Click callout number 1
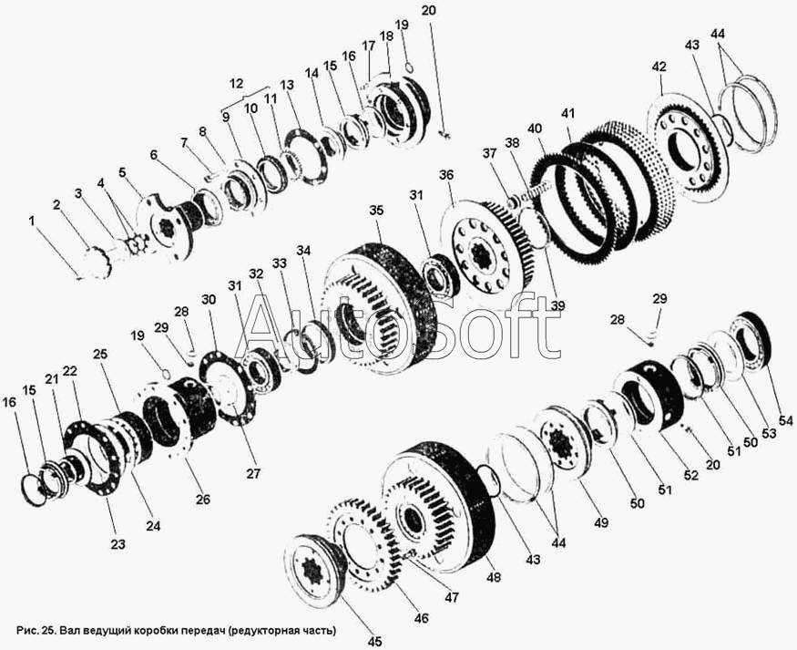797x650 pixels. pos(32,222)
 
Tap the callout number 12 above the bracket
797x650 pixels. pos(236,83)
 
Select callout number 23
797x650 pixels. pos(118,544)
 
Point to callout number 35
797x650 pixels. pos(377,211)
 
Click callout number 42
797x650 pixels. pos(659,67)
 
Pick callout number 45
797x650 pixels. pos(375,643)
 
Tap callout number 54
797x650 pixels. pos(785,421)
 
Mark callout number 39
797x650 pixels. pos(557,305)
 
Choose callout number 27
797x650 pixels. pos(253,473)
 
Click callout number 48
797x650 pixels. pos(494,577)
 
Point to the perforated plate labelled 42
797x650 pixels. pos(689,149)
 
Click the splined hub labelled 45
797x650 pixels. pos(315,571)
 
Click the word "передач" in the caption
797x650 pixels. pos(202,631)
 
